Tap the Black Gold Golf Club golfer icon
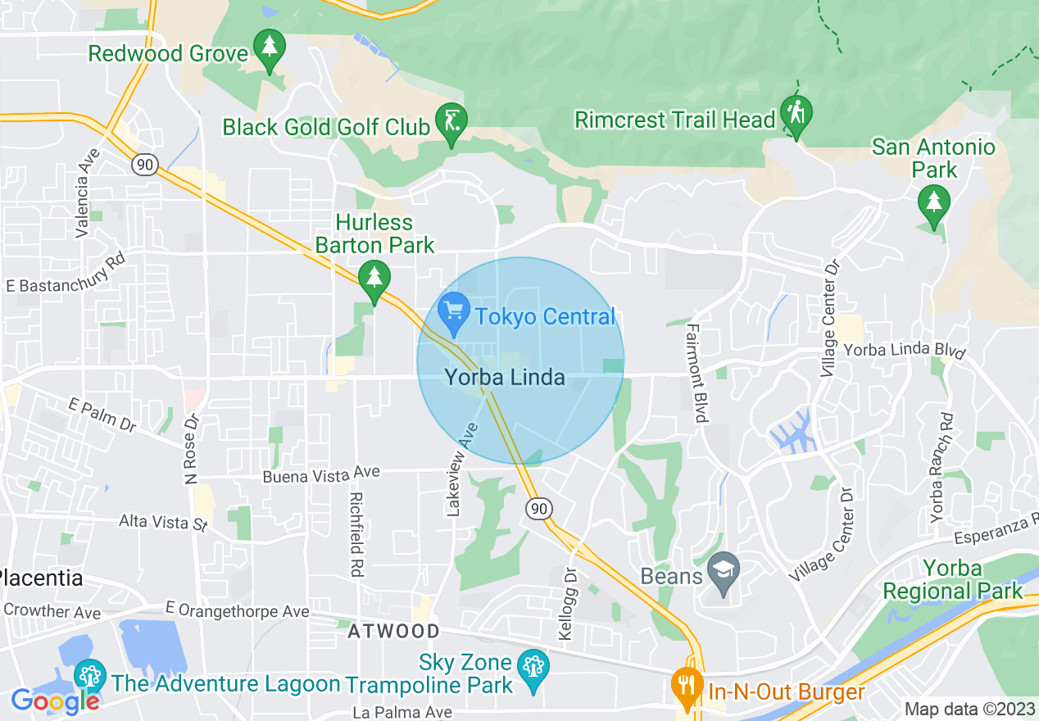coord(451,122)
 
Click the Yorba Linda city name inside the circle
coord(505,377)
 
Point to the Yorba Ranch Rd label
coord(942,466)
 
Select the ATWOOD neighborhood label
coord(393,631)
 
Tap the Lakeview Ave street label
coord(461,469)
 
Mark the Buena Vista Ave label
coord(321,474)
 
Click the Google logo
coord(56,701)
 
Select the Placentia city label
coord(41,578)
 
